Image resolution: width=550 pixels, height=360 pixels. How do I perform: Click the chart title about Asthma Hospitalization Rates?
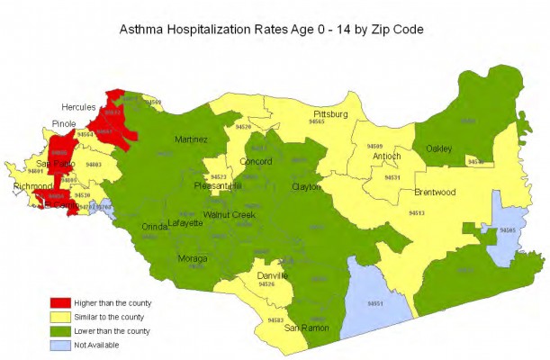coord(272,30)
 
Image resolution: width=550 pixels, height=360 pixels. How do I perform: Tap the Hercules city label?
coord(79,106)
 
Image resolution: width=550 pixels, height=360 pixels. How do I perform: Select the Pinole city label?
coord(64,123)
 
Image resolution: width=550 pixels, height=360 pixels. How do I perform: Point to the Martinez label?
coord(191,140)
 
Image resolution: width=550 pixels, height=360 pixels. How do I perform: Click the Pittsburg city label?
coord(330,113)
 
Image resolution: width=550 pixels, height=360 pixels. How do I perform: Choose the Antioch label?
coord(386,157)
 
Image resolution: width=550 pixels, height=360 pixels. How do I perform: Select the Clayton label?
coord(306,187)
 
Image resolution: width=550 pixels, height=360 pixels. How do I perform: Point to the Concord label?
coord(256,162)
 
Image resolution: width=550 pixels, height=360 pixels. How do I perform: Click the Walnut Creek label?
coord(229,215)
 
